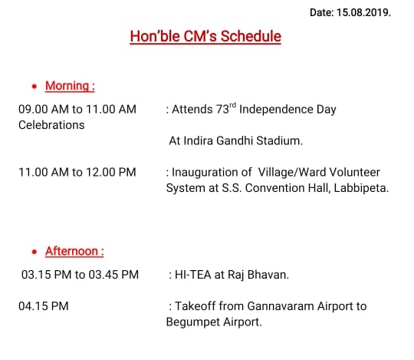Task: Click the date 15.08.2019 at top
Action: pos(363,12)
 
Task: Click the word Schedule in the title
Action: pos(251,36)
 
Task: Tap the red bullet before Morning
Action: pos(34,86)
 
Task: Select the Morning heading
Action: pos(70,86)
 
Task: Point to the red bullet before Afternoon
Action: pos(34,252)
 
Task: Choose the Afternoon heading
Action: pos(74,251)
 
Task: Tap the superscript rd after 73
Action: pos(232,105)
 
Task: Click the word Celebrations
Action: pos(51,125)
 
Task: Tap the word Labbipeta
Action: pos(361,188)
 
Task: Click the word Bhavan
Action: pos(268,275)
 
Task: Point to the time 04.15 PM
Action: pos(44,306)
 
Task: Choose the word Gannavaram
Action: pos(281,306)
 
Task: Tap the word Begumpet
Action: pos(193,322)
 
